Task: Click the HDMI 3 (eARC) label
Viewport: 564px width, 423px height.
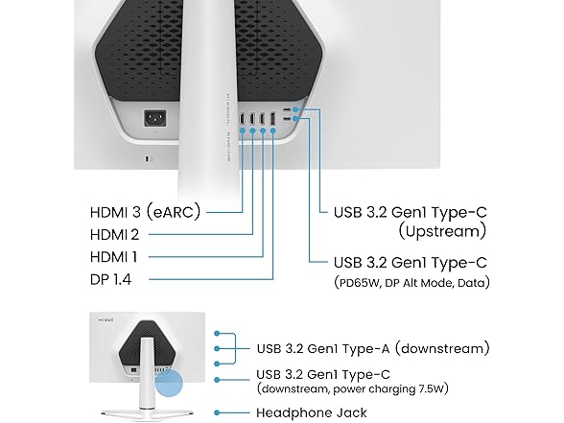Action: (145, 212)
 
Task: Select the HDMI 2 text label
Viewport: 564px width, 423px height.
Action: (114, 235)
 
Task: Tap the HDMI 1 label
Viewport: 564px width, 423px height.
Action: (113, 257)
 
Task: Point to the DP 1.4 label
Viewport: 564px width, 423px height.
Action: (111, 279)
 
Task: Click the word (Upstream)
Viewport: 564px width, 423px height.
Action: (442, 231)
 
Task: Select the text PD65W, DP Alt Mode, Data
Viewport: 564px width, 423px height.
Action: (411, 283)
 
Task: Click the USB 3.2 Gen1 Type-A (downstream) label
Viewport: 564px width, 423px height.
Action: (373, 348)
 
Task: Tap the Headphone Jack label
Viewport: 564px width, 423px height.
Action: (312, 412)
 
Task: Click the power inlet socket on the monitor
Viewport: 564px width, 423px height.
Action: (155, 118)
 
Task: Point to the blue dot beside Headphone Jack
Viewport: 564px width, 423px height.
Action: (217, 412)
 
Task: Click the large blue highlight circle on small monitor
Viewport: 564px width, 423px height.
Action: (169, 383)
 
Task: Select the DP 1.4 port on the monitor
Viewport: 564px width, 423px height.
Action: (272, 119)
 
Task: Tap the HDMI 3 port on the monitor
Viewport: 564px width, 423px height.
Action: (243, 119)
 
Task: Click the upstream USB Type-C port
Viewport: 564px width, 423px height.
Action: (287, 109)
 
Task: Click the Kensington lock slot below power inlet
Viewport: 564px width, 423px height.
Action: (148, 158)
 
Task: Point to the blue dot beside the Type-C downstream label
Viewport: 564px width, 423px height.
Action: (217, 380)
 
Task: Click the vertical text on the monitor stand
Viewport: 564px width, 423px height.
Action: (227, 127)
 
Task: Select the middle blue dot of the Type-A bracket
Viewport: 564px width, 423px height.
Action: (217, 348)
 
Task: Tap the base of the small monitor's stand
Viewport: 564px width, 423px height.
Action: (147, 413)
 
